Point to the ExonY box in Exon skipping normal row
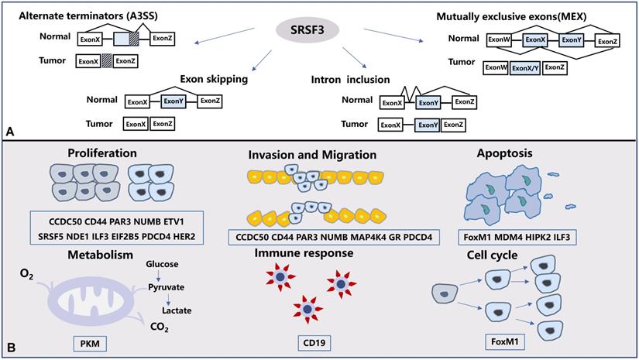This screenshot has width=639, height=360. click(x=173, y=101)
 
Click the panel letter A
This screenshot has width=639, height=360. click(x=10, y=132)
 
